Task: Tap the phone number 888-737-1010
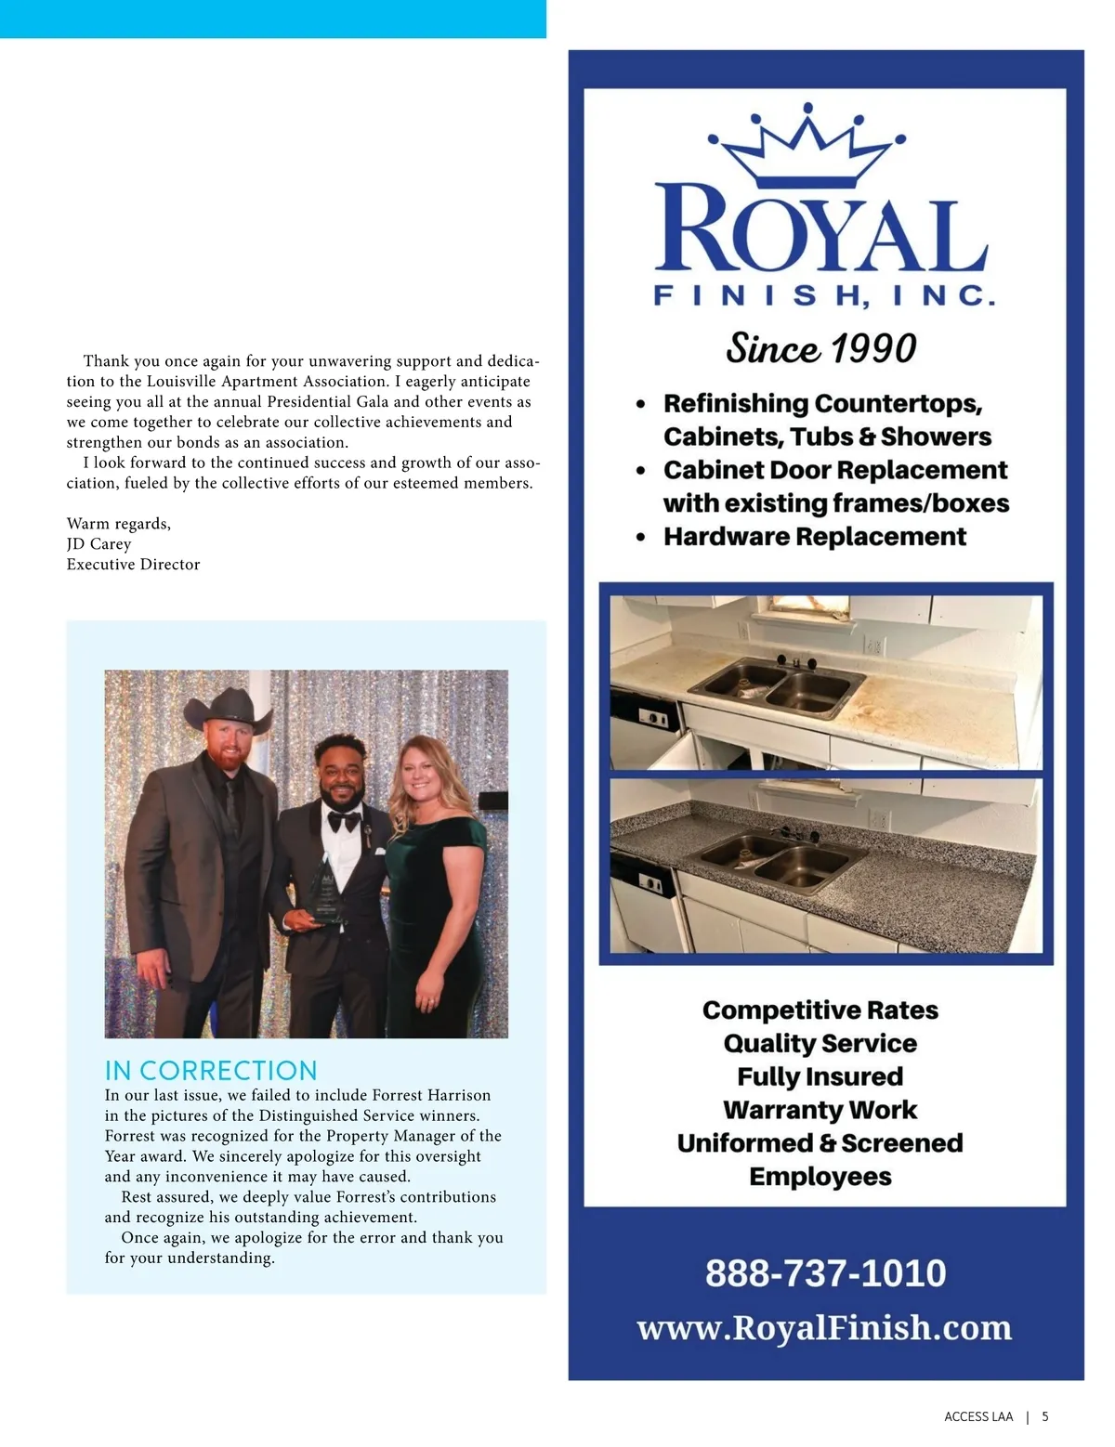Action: pos(825,1272)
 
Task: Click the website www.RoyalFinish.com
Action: pos(824,1327)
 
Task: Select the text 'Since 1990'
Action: pos(821,348)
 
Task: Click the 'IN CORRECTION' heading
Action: pos(211,1070)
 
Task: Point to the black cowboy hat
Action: pos(228,712)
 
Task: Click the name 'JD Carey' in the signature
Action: pos(98,544)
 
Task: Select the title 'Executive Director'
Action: pos(133,565)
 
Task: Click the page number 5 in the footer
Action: pos(1045,1416)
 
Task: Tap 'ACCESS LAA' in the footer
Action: pos(978,1416)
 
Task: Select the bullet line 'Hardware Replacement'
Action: pos(814,537)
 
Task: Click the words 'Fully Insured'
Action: pos(820,1076)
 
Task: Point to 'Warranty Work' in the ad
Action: pos(820,1110)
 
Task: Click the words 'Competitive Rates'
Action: pos(820,1010)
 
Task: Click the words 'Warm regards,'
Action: pos(118,524)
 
